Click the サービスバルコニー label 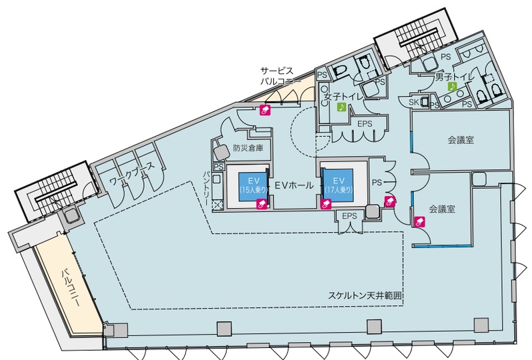(x=277, y=75)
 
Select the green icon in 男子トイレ (x=451, y=86)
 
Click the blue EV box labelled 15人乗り (x=248, y=185)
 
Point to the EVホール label (x=293, y=185)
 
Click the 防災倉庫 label (x=248, y=149)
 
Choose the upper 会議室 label (x=460, y=140)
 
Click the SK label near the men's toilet (x=413, y=102)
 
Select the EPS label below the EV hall (x=350, y=216)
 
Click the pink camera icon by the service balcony (x=265, y=111)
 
